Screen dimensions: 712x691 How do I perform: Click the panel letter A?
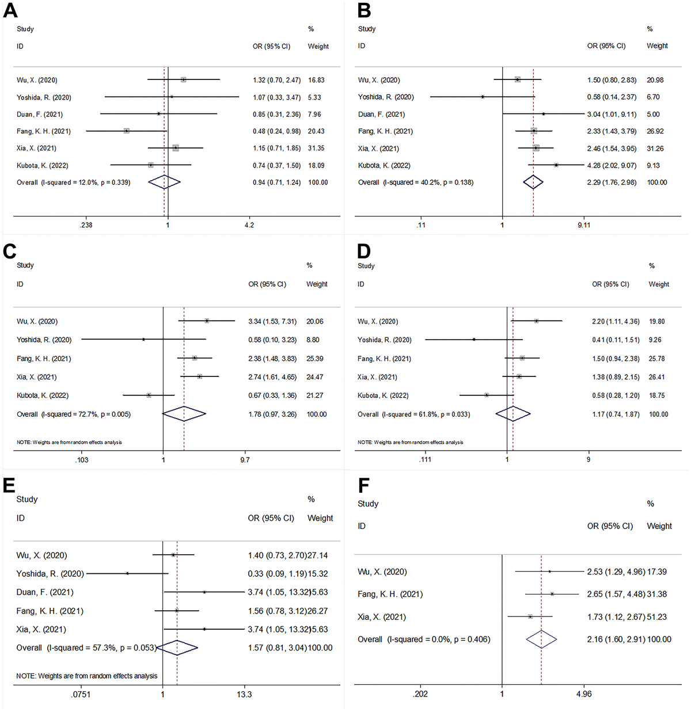10,10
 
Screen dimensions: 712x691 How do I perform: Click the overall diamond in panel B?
533,182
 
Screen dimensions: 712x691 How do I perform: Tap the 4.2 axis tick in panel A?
249,225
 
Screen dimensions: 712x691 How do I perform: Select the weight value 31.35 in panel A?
316,149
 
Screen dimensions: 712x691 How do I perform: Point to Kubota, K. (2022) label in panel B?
384,166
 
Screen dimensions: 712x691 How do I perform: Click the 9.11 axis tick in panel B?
584,225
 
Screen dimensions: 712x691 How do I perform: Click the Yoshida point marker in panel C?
143,340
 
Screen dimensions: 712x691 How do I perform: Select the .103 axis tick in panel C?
82,460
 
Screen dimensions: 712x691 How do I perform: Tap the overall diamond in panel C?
184,414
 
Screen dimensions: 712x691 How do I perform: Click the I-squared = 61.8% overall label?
413,414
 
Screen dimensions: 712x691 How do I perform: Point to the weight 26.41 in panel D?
656,377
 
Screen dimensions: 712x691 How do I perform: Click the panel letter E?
9,486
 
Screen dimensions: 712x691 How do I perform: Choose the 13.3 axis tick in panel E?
244,694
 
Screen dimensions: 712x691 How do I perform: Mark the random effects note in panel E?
86,676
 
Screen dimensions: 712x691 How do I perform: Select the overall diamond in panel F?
541,639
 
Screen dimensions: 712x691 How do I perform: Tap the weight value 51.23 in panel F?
657,617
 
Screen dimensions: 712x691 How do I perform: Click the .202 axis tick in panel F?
420,694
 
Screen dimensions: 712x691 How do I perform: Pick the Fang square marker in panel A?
127,131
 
